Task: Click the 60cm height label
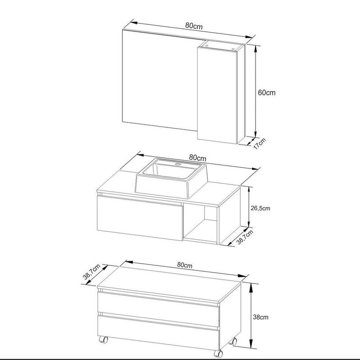coord(266,93)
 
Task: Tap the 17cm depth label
coord(259,144)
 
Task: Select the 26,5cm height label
coord(260,208)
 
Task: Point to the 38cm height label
coord(261,317)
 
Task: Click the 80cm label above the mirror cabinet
coord(194,26)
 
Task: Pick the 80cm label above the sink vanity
coord(198,158)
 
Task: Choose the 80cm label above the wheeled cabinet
coord(184,265)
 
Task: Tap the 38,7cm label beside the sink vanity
coord(245,237)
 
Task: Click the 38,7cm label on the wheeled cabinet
coord(92,272)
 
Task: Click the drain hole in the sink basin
coord(178,164)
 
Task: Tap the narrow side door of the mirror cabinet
coord(217,95)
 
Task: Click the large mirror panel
coord(160,81)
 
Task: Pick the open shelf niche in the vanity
coord(200,224)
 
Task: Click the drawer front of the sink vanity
coord(140,218)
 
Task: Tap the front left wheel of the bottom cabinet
coord(103,340)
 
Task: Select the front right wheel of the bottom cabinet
coord(218,354)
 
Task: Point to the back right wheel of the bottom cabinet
coord(234,342)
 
